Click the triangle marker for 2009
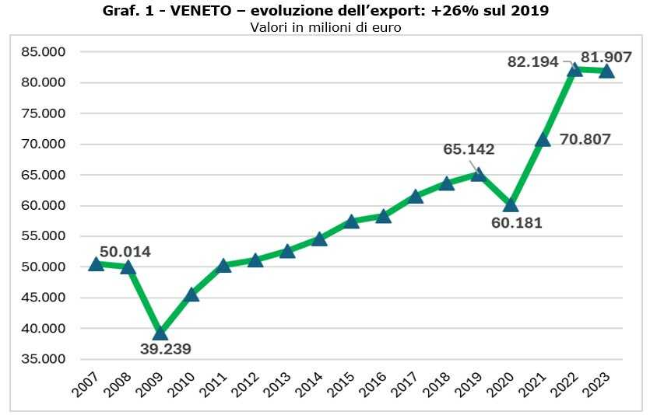(x=160, y=333)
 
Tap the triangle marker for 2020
(x=511, y=204)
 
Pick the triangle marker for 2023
(x=606, y=71)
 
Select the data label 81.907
(x=605, y=57)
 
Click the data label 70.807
(x=585, y=140)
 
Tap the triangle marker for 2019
(x=479, y=174)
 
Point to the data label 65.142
(x=469, y=149)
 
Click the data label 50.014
(x=125, y=252)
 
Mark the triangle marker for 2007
(x=96, y=263)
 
